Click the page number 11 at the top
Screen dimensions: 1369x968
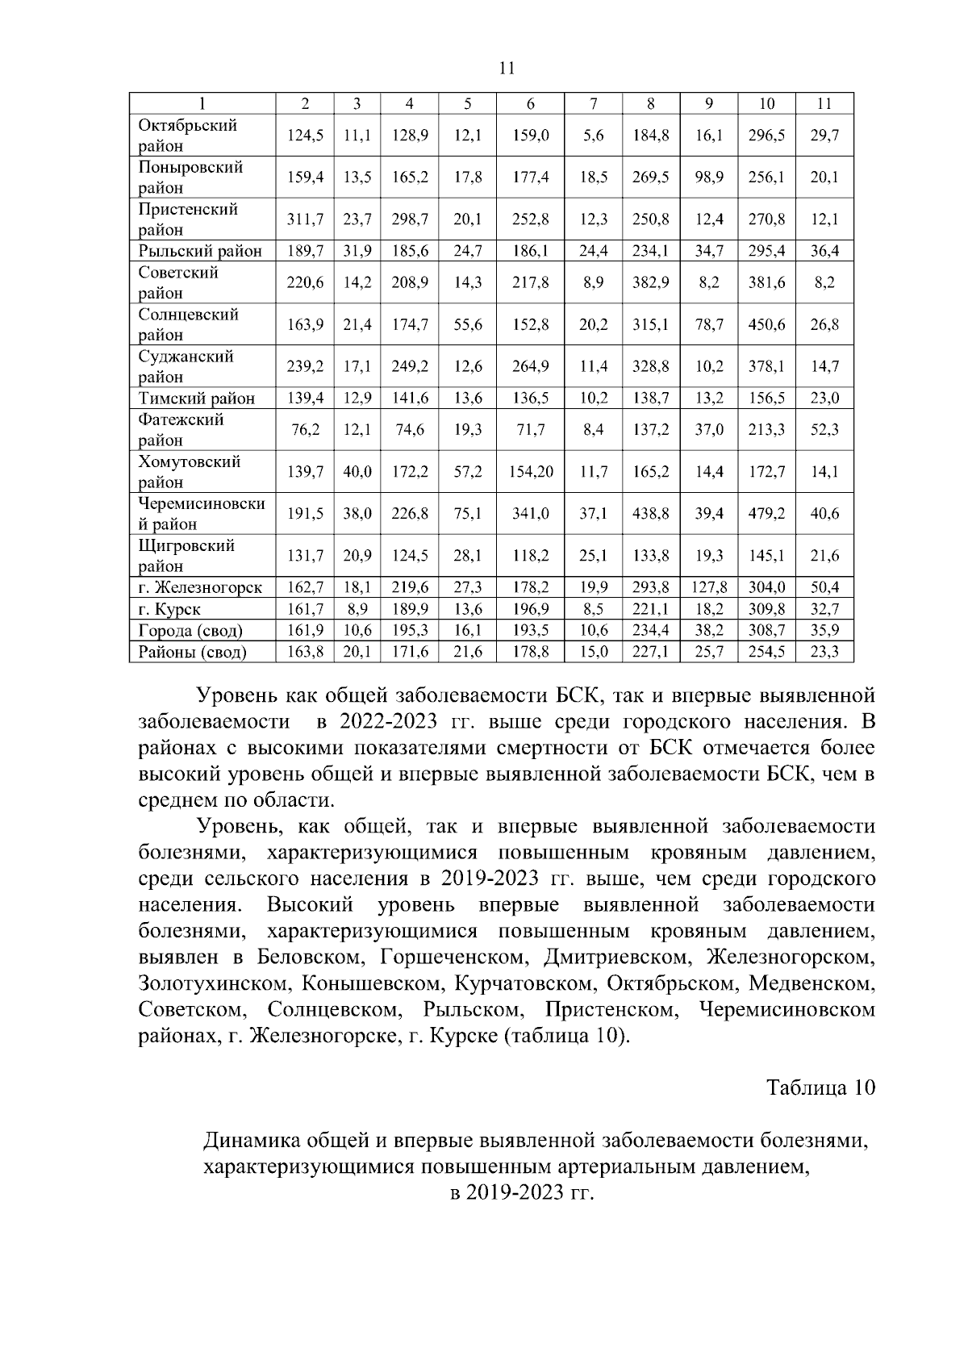coord(507,68)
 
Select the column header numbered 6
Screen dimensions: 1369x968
coord(530,103)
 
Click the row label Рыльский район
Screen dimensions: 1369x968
coord(200,251)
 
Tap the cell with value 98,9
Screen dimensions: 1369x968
coord(709,177)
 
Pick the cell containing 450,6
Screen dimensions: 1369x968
coord(766,324)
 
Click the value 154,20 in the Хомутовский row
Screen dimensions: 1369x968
coord(530,472)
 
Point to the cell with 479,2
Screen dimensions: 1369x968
coord(766,514)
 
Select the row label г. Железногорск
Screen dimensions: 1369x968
coord(200,587)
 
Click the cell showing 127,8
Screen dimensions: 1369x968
coord(709,587)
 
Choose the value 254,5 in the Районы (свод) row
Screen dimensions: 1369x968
coord(766,652)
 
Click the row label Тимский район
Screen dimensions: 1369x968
coord(197,399)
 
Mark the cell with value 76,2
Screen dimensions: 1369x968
coord(305,430)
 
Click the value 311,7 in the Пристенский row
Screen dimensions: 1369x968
coord(305,219)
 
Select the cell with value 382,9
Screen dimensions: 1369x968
coord(651,282)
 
